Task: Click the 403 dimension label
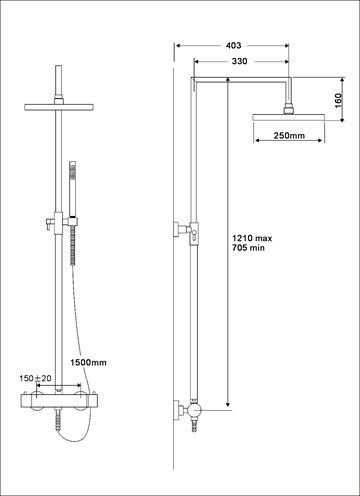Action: (233, 45)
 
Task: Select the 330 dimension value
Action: (239, 61)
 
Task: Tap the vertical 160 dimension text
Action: (338, 101)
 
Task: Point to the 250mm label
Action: (289, 136)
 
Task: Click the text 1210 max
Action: (252, 238)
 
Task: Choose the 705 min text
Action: (248, 248)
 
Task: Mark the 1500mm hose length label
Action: (89, 362)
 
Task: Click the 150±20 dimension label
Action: (35, 378)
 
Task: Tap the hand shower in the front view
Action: (72, 189)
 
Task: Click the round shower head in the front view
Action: (59, 107)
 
